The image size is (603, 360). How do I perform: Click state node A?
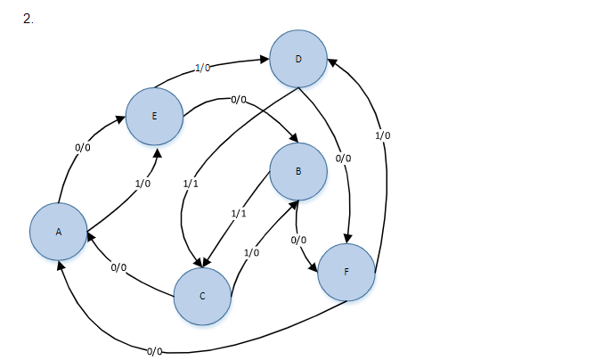click(59, 232)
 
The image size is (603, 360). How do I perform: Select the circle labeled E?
click(155, 116)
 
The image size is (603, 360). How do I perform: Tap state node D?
click(298, 60)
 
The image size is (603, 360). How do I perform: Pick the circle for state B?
click(297, 172)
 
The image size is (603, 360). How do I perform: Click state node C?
click(202, 296)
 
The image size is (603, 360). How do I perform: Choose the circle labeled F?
click(346, 272)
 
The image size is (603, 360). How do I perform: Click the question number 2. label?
click(29, 19)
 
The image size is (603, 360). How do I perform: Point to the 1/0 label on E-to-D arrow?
click(202, 68)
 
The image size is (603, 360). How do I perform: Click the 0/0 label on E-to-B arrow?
click(238, 100)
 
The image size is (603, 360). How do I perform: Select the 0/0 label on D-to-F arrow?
click(343, 159)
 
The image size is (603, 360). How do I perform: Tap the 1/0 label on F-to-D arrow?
click(382, 135)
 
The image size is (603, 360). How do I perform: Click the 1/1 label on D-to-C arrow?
click(190, 183)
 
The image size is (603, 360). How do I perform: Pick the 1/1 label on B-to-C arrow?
click(238, 215)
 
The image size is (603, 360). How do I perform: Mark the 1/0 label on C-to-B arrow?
click(251, 253)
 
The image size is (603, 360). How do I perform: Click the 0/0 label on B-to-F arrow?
click(298, 241)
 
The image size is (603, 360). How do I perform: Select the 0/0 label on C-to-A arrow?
click(118, 268)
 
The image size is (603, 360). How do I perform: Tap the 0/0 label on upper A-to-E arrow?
click(83, 148)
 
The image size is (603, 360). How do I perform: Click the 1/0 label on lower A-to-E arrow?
click(143, 183)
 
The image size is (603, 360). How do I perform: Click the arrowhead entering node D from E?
click(265, 60)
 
